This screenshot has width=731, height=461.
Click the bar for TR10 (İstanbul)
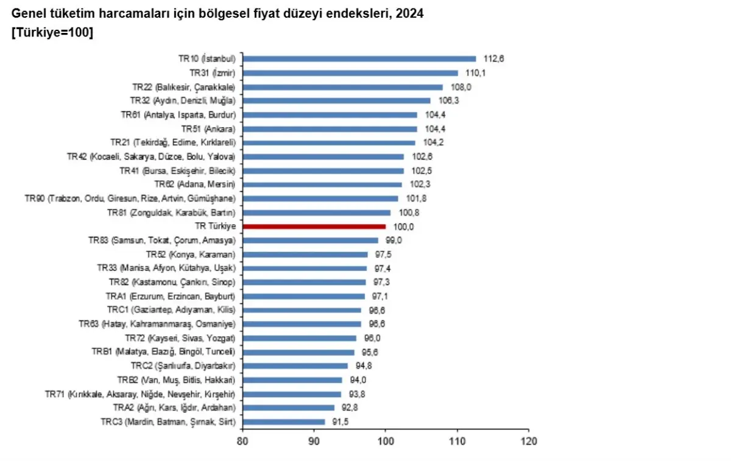[359, 59]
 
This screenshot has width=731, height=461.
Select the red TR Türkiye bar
[314, 227]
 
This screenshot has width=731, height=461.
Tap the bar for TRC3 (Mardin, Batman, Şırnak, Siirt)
[284, 421]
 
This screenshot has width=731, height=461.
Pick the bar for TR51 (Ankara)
[330, 129]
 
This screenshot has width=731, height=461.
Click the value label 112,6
[494, 59]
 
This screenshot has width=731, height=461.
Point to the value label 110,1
[476, 73]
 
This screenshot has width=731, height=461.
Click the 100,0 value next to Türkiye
[404, 227]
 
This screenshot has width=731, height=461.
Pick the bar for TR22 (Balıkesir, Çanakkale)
[343, 87]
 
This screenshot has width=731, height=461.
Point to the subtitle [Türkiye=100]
[52, 33]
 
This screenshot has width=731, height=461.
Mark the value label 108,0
[461, 87]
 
